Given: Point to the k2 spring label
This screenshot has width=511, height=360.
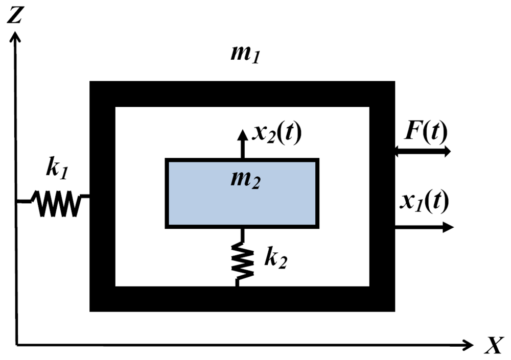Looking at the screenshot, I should [x=275, y=259].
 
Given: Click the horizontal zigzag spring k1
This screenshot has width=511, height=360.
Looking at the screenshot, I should [x=57, y=203].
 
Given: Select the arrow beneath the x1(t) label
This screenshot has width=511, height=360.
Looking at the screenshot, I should [x=424, y=227].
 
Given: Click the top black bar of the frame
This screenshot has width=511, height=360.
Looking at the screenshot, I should [x=242, y=94].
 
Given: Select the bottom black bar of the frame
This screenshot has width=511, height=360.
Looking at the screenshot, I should [x=242, y=299].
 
